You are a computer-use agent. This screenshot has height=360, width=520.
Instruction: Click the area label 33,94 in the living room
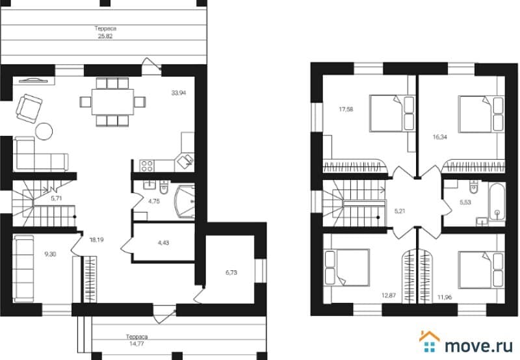tap(178, 93)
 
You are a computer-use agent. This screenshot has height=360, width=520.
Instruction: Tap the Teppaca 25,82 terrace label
tap(105, 32)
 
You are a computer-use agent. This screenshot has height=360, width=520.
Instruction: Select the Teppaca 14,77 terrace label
tap(136, 340)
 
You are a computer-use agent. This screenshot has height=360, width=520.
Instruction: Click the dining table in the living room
tap(112, 102)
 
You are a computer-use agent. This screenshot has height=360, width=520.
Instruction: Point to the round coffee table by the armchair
tap(44, 131)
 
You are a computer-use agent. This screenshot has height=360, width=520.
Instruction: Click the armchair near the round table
tap(29, 108)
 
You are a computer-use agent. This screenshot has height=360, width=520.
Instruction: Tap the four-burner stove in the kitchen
tap(147, 166)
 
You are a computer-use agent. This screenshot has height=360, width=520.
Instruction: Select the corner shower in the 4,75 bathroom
tap(185, 201)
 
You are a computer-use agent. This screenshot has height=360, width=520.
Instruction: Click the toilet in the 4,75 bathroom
tap(164, 187)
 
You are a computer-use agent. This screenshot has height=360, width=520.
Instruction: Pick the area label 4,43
tap(164, 242)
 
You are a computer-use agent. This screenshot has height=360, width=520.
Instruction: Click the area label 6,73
tap(231, 272)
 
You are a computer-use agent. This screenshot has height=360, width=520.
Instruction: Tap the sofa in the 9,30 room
tap(23, 268)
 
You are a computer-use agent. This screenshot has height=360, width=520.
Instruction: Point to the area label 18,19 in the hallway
tap(96, 240)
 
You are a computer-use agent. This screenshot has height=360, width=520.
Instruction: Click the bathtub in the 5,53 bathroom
tap(497, 202)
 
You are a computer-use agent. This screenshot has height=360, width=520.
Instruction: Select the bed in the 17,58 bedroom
tap(393, 113)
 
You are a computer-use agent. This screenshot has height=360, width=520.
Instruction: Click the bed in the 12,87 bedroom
tap(347, 267)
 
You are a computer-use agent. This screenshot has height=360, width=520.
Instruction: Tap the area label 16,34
tap(440, 137)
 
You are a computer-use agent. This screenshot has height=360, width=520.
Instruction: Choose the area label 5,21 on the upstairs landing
tap(400, 211)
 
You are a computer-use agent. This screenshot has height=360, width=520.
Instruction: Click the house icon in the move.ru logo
tap(430, 341)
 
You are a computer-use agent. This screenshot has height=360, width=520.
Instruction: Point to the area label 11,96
tap(445, 297)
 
